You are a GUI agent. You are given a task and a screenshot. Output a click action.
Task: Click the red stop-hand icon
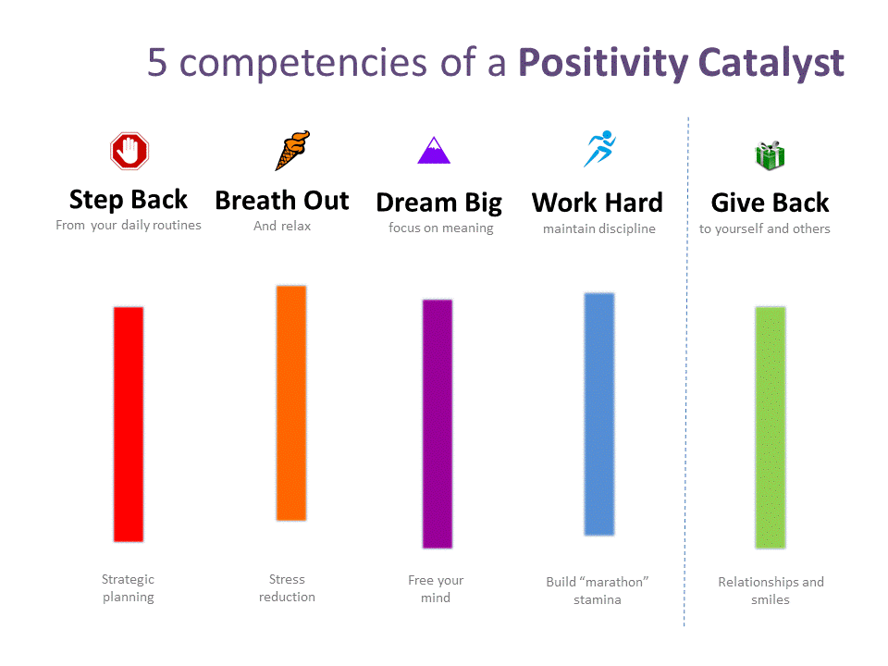[129, 151]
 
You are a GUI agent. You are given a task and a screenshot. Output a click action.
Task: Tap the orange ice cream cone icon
[293, 150]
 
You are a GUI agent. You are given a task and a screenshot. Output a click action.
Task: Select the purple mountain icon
[434, 150]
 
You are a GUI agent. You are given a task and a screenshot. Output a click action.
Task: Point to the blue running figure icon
[599, 148]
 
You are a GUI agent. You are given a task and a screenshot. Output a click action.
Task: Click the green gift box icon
[771, 155]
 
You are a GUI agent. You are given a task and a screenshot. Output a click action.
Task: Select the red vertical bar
[129, 425]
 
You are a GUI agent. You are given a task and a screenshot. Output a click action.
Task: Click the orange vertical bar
[291, 402]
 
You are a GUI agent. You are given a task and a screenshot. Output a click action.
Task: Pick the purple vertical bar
[438, 424]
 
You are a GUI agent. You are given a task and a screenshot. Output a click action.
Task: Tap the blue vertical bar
[599, 414]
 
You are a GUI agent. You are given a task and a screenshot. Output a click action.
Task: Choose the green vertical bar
[771, 427]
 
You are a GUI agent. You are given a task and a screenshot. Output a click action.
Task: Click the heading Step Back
[128, 200]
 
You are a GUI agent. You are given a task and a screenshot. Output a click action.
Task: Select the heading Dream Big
[438, 203]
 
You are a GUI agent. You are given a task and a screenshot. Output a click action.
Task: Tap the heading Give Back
[770, 203]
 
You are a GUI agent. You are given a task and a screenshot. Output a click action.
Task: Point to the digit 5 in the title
[157, 62]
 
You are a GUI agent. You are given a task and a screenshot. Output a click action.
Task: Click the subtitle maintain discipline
[599, 228]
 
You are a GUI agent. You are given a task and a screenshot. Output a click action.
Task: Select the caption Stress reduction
[287, 588]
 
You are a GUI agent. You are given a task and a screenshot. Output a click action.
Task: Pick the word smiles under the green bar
[771, 599]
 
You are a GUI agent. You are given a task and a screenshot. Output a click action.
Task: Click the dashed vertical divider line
[686, 372]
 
